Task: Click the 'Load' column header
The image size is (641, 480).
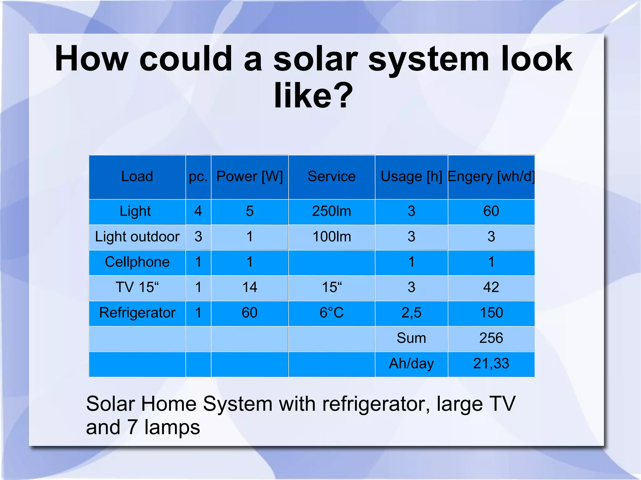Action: point(137,177)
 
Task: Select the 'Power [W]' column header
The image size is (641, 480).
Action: point(249,177)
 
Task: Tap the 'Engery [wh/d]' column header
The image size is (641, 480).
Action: point(491,177)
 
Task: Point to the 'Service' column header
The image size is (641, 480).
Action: point(331,177)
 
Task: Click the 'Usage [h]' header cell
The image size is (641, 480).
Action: point(411,177)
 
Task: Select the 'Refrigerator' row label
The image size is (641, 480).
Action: point(137,313)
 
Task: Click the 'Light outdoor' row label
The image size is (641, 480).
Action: point(137,237)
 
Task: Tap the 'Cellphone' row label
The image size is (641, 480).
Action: point(137,262)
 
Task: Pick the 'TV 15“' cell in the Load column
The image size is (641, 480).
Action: point(137,287)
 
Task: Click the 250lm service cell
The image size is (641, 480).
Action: point(331,211)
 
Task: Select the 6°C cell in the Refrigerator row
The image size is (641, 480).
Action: point(331,313)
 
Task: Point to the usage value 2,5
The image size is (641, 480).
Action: point(411,313)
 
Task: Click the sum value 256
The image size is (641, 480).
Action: point(491,338)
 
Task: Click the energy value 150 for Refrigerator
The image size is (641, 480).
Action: point(491,313)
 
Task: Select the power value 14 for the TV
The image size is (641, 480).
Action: point(249,287)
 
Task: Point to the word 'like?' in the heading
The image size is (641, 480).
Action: point(313,96)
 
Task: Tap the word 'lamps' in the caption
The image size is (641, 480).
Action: point(172,427)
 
